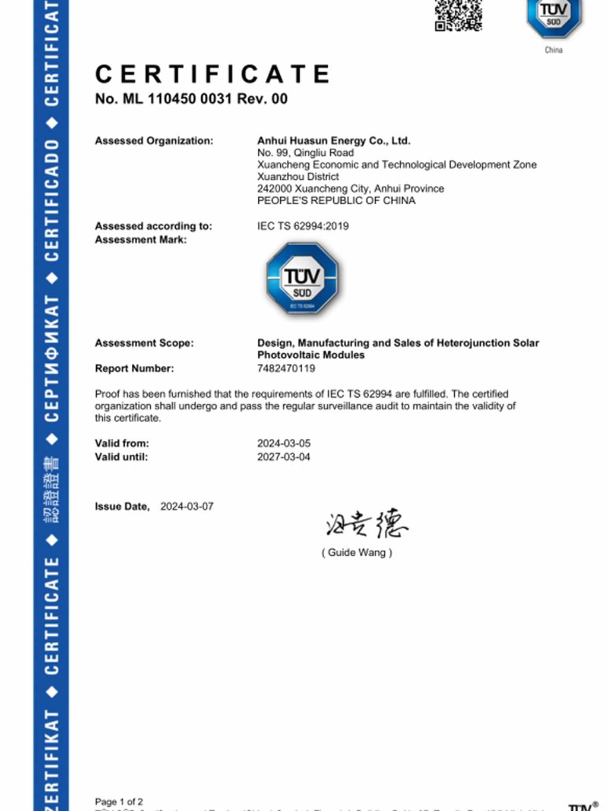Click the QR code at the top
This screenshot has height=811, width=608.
pyautogui.click(x=458, y=15)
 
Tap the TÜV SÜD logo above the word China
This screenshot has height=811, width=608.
pyautogui.click(x=553, y=17)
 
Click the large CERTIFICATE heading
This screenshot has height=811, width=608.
pyautogui.click(x=213, y=75)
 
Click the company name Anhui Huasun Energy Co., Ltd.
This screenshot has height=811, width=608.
pyautogui.click(x=334, y=141)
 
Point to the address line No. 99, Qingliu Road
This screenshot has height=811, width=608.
pyautogui.click(x=305, y=153)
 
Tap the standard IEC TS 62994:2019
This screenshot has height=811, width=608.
pyautogui.click(x=303, y=226)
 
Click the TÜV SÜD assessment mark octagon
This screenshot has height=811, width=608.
pyautogui.click(x=302, y=278)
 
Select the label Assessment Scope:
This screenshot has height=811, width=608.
pyautogui.click(x=144, y=343)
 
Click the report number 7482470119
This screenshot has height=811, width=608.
pyautogui.click(x=286, y=369)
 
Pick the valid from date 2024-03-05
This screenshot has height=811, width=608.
pyautogui.click(x=284, y=443)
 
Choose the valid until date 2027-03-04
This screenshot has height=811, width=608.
pyautogui.click(x=284, y=457)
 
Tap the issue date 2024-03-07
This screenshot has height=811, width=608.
pyautogui.click(x=187, y=506)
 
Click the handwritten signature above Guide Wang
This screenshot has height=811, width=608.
pyautogui.click(x=366, y=524)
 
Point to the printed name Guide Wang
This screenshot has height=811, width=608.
pyautogui.click(x=357, y=553)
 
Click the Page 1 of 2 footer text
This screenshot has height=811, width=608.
pyautogui.click(x=119, y=802)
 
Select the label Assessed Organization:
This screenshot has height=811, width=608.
pyautogui.click(x=154, y=141)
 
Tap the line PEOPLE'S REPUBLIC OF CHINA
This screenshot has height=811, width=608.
pyautogui.click(x=336, y=201)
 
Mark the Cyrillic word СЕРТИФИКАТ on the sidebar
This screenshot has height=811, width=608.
pyautogui.click(x=52, y=359)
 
